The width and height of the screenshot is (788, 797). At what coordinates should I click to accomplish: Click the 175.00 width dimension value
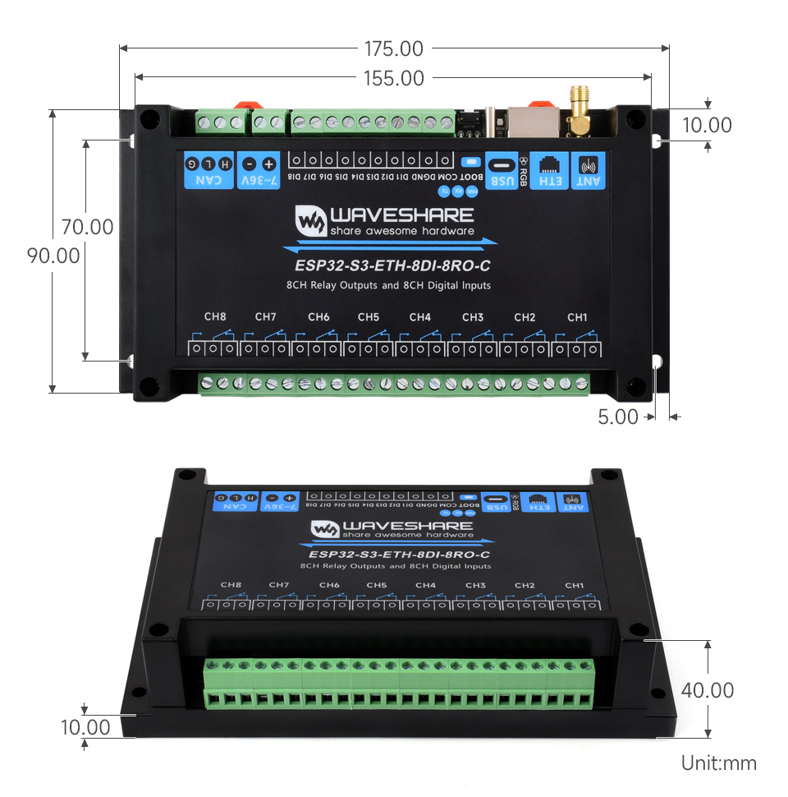[x=394, y=48]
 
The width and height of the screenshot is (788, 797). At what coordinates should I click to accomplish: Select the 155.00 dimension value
[x=394, y=78]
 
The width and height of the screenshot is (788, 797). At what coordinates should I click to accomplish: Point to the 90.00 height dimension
[x=54, y=256]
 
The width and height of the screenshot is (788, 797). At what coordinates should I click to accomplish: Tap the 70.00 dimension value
[x=87, y=226]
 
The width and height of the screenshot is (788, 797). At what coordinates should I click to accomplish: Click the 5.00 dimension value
[x=618, y=417]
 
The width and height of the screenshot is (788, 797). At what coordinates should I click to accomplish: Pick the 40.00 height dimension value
[x=708, y=690]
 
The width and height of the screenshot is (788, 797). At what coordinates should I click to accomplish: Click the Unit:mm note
[x=718, y=763]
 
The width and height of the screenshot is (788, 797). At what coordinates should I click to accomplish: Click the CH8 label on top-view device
[x=215, y=317]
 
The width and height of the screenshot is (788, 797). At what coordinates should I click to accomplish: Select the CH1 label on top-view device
[x=577, y=317]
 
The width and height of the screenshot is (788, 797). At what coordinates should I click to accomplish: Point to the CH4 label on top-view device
[x=419, y=317]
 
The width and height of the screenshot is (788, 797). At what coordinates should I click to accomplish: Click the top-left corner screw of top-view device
[x=148, y=119]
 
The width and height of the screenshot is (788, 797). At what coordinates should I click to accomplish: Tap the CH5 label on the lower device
[x=377, y=585]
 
